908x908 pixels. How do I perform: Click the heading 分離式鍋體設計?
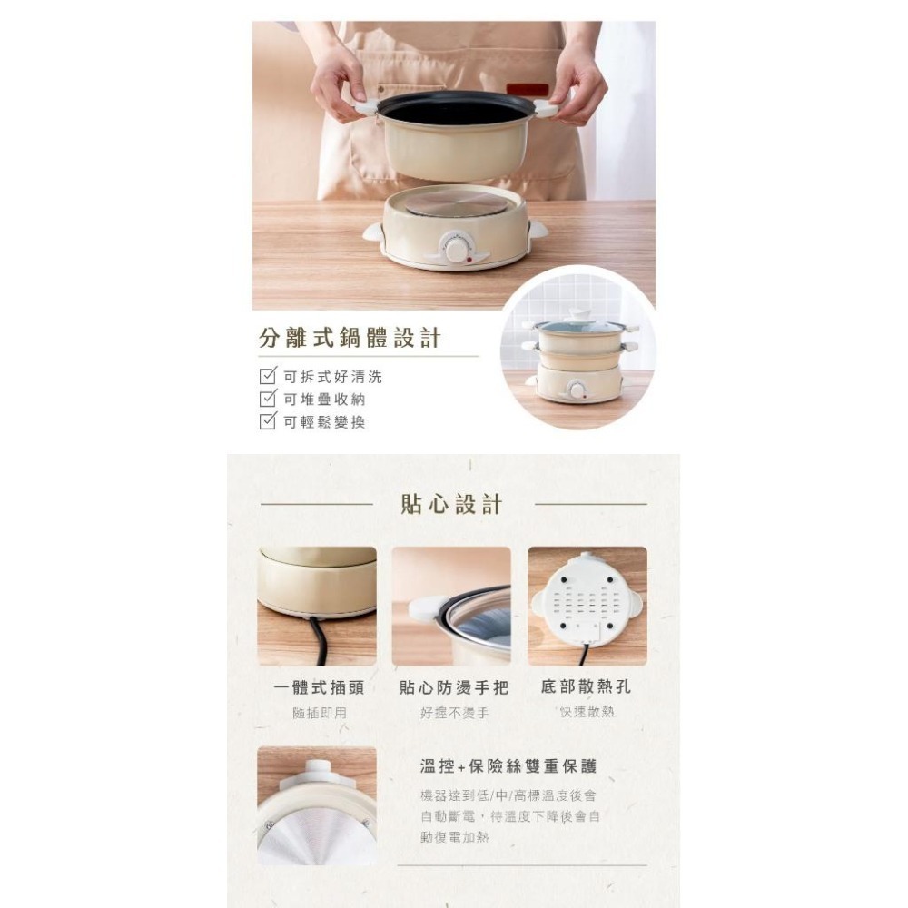coord(350,340)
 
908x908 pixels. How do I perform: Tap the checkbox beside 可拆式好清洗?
coord(268,377)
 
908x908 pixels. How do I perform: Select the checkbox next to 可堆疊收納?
coord(268,399)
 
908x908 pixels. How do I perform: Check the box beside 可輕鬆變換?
coord(268,420)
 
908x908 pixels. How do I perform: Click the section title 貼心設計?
coord(452,505)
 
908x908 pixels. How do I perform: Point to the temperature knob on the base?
coord(455,248)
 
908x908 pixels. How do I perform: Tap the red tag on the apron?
coord(528,89)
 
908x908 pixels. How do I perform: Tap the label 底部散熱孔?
coord(586,686)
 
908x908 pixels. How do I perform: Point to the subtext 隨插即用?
coord(319,714)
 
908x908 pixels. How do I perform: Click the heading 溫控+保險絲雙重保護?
coord(508,766)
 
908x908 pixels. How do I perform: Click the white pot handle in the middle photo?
coord(426,607)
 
